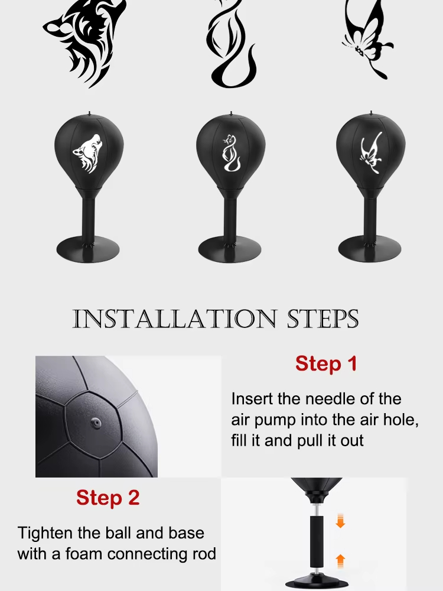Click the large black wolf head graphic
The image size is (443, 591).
click(84, 43)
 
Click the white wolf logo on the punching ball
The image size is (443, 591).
click(87, 154)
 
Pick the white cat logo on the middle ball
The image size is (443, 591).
click(231, 153)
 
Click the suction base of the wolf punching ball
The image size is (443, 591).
click(88, 249)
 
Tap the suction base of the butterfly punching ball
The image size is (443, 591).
click(370, 249)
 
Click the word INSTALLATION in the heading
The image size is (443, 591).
click(174, 319)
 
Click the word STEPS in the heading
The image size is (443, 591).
click(323, 319)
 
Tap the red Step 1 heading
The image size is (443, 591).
click(326, 363)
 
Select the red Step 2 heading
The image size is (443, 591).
click(108, 498)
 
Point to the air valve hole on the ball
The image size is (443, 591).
click(96, 423)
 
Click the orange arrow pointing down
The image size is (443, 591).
click(340, 521)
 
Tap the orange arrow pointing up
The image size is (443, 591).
click(340, 561)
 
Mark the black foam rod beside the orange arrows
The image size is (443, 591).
click(317, 541)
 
